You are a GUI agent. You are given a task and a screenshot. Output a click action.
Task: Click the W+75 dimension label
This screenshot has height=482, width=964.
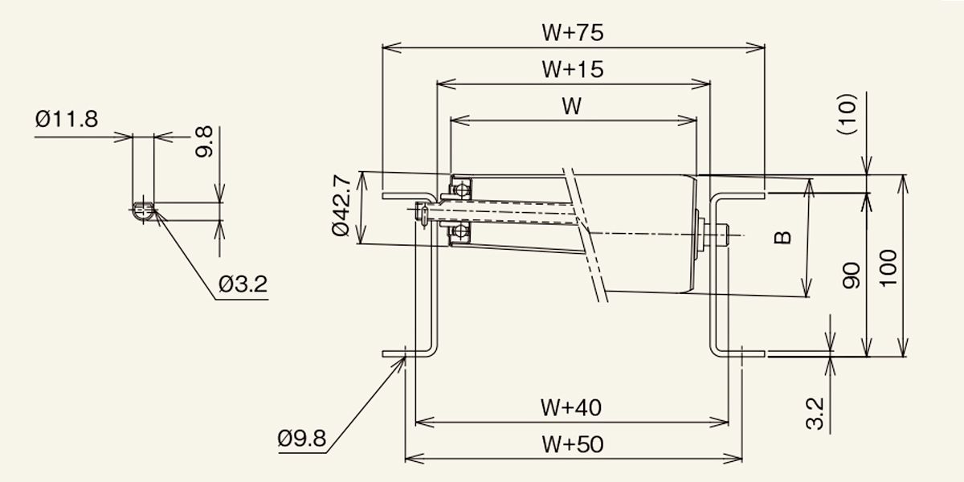coord(572,33)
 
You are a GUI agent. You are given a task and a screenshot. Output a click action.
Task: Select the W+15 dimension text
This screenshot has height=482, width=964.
coord(572,69)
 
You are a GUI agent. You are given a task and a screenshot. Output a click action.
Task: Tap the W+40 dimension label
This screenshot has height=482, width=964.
coord(571,407)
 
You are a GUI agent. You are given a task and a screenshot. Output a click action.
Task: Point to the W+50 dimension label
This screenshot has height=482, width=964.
coord(572,444)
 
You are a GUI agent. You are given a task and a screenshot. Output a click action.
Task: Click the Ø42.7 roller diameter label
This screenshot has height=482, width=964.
coord(342,205)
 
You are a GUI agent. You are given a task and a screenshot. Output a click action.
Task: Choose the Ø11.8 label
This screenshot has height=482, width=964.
coord(67,119)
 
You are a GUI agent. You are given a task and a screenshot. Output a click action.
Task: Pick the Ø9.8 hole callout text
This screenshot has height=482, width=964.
coord(302,439)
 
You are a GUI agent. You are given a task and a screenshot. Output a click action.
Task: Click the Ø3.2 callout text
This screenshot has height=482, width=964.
coord(243,284)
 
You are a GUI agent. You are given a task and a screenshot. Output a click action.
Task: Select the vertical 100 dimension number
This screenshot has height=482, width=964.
coord(888,268)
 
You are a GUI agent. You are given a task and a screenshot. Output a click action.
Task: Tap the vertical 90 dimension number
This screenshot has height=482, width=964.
coord(852,276)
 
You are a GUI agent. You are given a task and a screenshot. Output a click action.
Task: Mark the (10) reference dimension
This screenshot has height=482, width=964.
coord(847,114)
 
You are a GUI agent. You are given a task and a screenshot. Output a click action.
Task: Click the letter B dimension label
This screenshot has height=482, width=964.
coord(782,238)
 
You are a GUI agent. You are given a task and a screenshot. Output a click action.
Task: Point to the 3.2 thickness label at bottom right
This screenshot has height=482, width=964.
coord(815,414)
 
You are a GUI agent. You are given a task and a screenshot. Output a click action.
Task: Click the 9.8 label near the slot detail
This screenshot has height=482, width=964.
coord(204,141)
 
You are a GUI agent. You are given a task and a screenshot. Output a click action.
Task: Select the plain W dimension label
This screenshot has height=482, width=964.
coord(572,106)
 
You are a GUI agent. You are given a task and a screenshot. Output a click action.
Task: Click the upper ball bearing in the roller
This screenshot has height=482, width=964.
coord(460,190)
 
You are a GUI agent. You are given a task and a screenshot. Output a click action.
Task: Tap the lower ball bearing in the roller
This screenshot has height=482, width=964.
coord(460,231)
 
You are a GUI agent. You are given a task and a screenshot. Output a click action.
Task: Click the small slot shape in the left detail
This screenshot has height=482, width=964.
coord(143,210)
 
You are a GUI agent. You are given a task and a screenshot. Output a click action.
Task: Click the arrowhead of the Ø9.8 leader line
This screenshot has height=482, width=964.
coord(403,358)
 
